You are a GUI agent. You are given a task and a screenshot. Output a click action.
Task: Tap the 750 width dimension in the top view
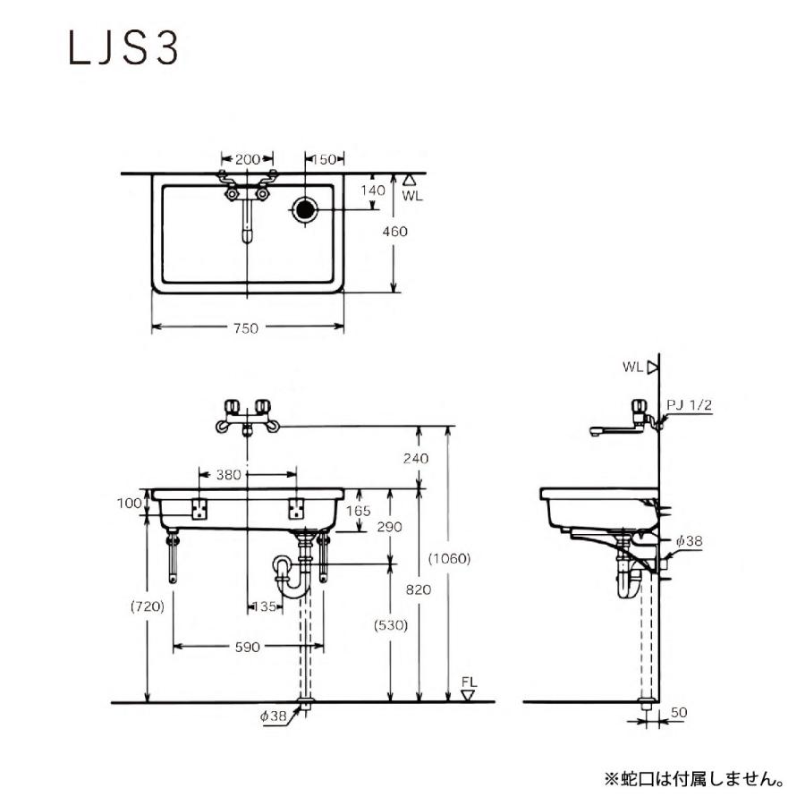pyautogui.click(x=246, y=328)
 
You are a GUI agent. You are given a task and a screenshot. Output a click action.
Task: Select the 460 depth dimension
pyautogui.click(x=394, y=232)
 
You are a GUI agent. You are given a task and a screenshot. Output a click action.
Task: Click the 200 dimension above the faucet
pyautogui.click(x=248, y=159)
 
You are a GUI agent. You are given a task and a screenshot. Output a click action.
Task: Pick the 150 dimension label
pyautogui.click(x=323, y=159)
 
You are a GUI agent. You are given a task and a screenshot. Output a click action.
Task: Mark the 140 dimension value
pyautogui.click(x=372, y=190)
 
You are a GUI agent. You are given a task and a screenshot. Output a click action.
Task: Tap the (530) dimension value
pyautogui.click(x=390, y=625)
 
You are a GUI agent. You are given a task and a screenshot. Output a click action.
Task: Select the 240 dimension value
pyautogui.click(x=416, y=458)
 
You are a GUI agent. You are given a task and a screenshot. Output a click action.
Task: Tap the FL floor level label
pyautogui.click(x=469, y=682)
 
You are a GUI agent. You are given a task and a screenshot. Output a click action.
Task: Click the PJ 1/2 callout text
pyautogui.click(x=690, y=405)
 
